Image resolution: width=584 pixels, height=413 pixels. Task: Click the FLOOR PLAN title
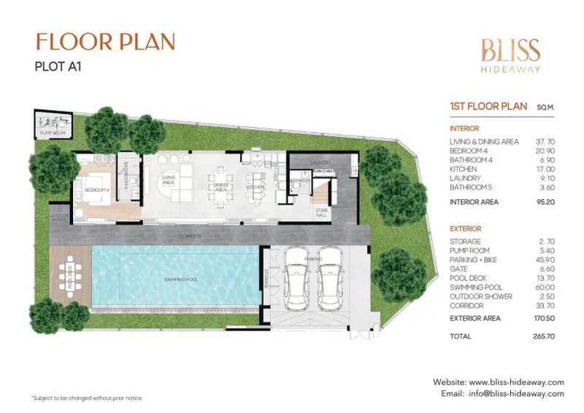tap(105, 42)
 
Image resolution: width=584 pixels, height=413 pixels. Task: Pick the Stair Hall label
tap(322, 212)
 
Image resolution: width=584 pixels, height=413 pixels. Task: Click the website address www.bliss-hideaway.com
tap(517, 382)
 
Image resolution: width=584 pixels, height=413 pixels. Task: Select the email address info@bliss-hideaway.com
tap(516, 394)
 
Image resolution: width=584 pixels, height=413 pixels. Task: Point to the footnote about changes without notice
tap(87, 398)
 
